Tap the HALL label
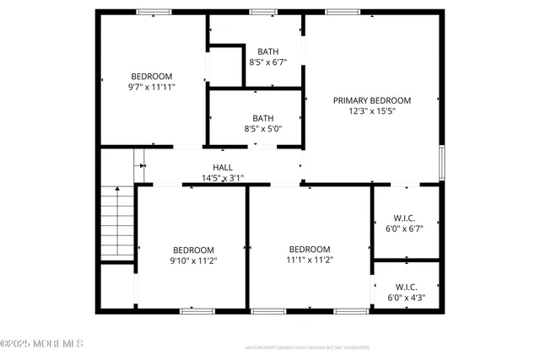coord(223,167)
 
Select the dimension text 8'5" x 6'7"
coord(267,62)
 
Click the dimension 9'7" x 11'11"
coord(151,86)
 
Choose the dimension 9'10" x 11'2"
coord(193,261)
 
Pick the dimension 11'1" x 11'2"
coord(310,261)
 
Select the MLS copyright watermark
coord(42,343)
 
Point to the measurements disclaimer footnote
coord(306,347)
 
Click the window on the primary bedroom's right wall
coord(441,161)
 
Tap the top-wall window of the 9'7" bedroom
coord(153,11)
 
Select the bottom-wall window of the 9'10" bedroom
coord(194,311)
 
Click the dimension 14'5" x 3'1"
coord(223,178)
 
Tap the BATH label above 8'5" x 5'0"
coord(262,118)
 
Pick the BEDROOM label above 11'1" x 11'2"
coord(310,249)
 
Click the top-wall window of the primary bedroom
coord(343,11)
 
